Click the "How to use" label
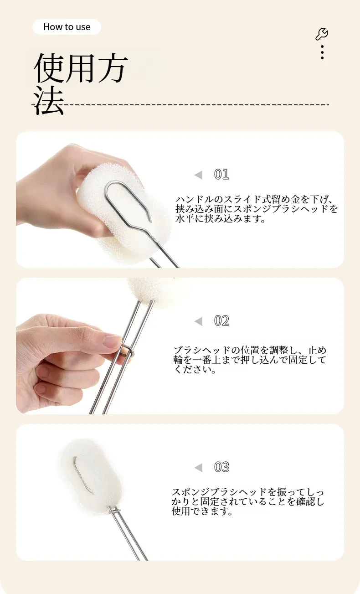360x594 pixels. pyautogui.click(x=67, y=27)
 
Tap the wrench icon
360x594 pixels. pyautogui.click(x=322, y=34)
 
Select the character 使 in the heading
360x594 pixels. pyautogui.click(x=49, y=67)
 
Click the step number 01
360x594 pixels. pyautogui.click(x=221, y=175)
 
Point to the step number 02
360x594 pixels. pyautogui.click(x=221, y=321)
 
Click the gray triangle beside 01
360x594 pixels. pyautogui.click(x=199, y=175)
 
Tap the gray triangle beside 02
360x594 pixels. pyautogui.click(x=199, y=321)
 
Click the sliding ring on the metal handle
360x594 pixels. pyautogui.click(x=127, y=352)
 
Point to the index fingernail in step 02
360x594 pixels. pyautogui.click(x=111, y=341)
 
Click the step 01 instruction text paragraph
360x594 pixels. pyautogui.click(x=257, y=209)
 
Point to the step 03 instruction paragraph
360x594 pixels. pyautogui.click(x=248, y=502)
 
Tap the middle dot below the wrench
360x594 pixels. pyautogui.click(x=322, y=52)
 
